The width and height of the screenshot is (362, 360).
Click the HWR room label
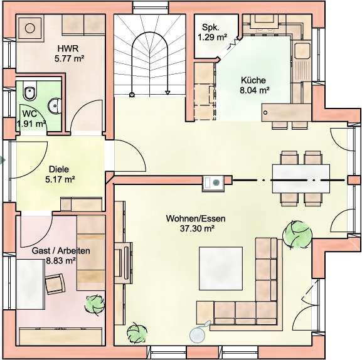tap(68, 49)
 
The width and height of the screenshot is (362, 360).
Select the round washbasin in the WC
tap(55, 106)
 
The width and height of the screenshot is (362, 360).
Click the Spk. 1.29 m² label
tap(212, 33)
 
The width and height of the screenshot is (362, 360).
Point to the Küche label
tap(253, 80)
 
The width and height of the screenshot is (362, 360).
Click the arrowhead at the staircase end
tap(168, 93)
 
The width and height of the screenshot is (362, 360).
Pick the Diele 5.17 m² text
tap(60, 174)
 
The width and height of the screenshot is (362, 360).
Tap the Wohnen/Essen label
tap(196, 218)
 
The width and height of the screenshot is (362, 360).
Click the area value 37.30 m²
tap(197, 228)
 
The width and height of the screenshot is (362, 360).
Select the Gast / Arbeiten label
tap(61, 251)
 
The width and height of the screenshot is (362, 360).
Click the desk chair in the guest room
tap(55, 284)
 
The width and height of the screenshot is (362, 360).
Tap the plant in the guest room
tap(95, 304)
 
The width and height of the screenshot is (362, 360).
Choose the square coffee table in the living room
tap(221, 268)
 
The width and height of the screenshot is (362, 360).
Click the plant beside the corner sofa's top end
tap(297, 235)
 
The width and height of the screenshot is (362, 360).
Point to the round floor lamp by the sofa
tap(198, 334)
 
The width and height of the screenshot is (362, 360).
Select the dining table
tap(301, 178)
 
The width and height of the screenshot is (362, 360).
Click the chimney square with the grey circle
tap(213, 183)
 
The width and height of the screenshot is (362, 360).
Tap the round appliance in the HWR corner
tap(29, 29)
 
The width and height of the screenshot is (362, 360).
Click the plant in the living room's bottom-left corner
tap(137, 333)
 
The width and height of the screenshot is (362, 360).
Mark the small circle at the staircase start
tap(132, 95)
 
